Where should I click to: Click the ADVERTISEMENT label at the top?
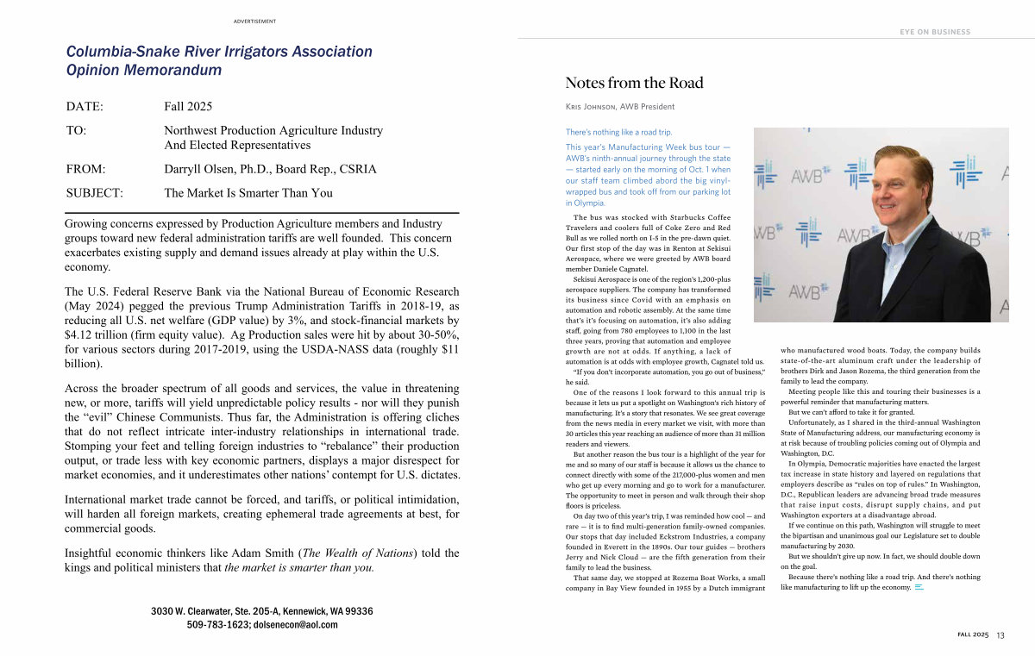(x=254, y=22)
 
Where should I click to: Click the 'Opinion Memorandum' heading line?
(x=144, y=70)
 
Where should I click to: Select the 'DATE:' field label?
(x=85, y=107)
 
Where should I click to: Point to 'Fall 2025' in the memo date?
(x=188, y=107)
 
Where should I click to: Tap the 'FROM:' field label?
(x=86, y=169)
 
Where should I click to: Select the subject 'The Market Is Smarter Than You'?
(x=248, y=193)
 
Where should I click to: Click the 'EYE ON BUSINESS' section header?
(x=935, y=32)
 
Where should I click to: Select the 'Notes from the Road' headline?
(x=634, y=83)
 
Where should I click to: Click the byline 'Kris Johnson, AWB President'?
(x=620, y=107)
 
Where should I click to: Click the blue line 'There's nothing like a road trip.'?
(x=618, y=132)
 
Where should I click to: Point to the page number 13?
(x=1000, y=635)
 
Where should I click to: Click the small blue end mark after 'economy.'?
(x=919, y=587)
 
